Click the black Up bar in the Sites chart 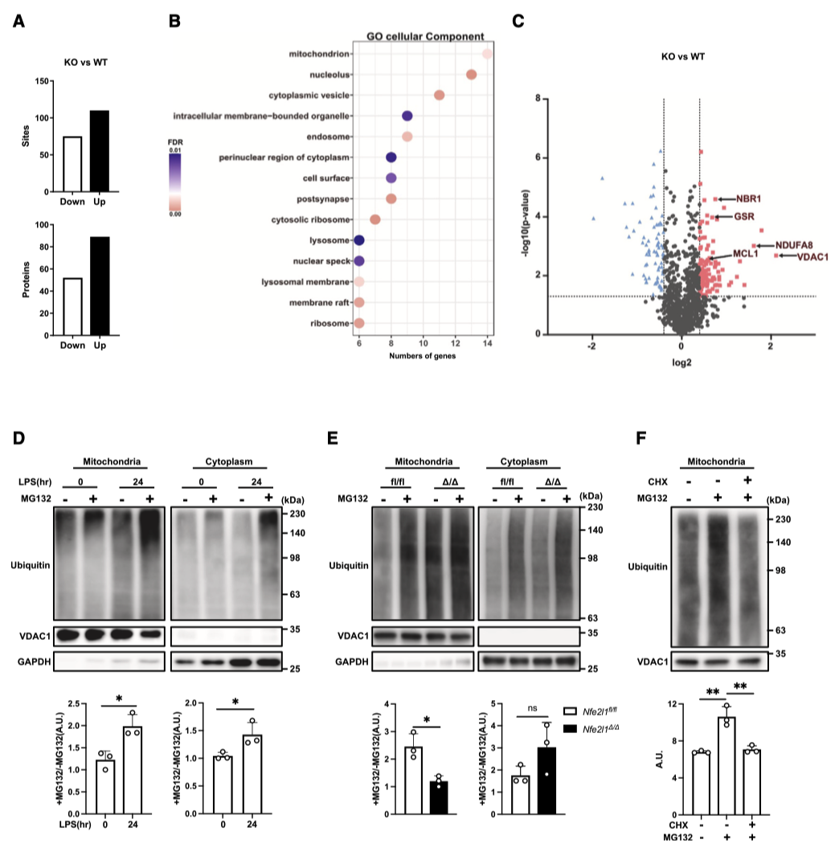pos(99,151)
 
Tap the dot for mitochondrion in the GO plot pos(487,54)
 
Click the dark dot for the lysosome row pos(359,240)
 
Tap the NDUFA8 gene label pos(794,245)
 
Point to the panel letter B pos(174,22)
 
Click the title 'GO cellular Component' pos(424,36)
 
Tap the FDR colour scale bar pos(175,182)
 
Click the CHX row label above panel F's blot pos(662,481)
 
